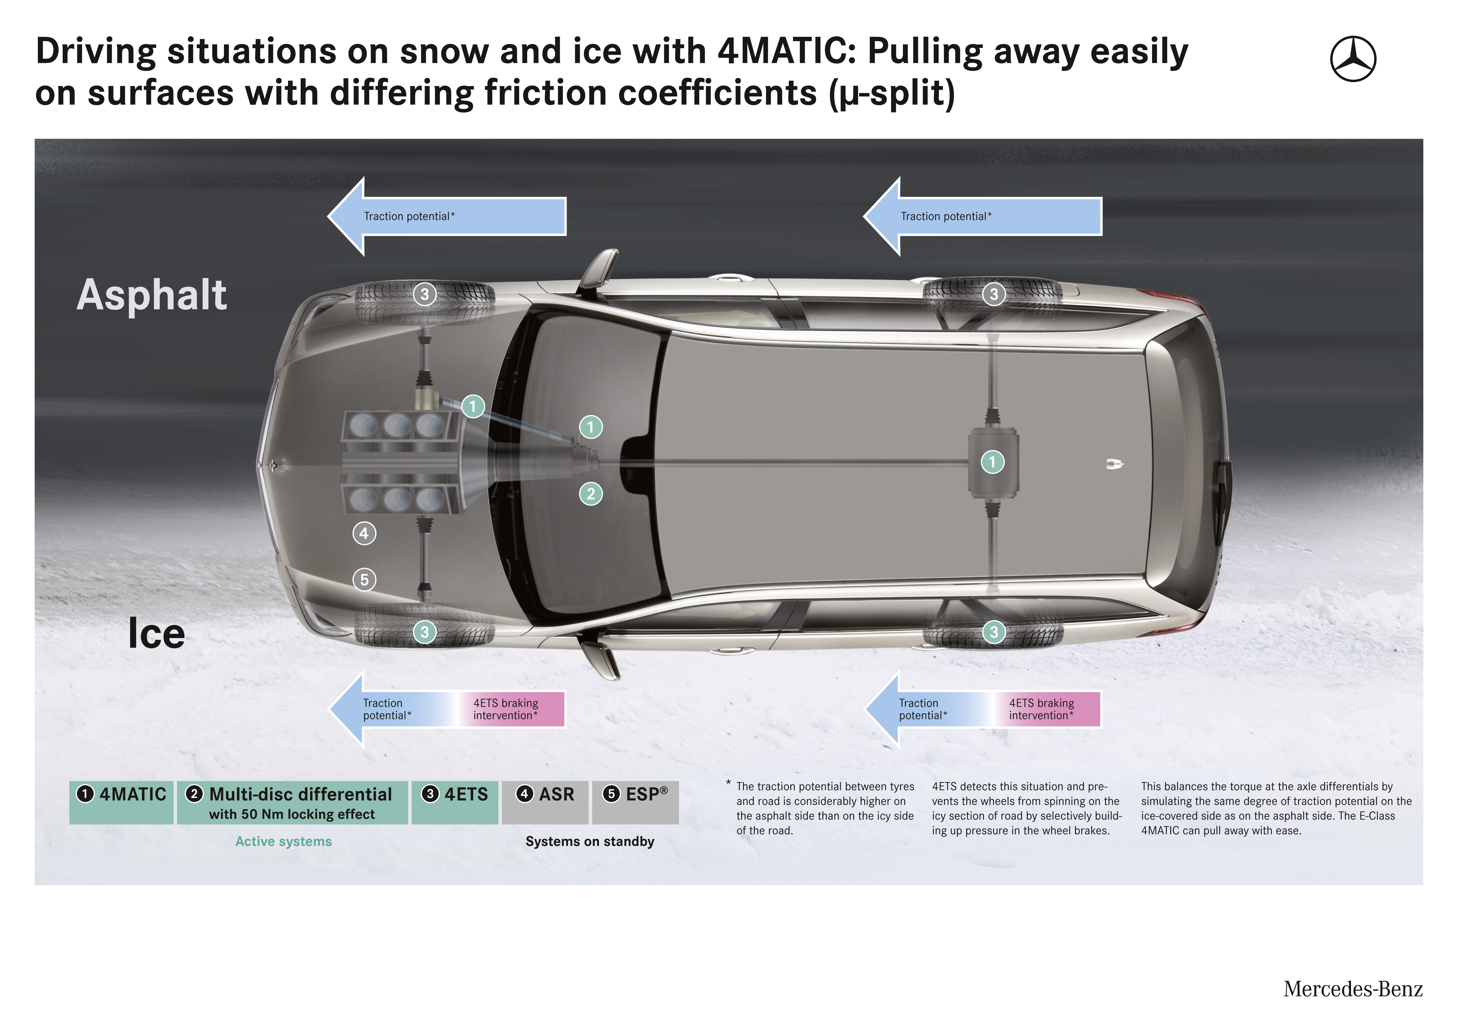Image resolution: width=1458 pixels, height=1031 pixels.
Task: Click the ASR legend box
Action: tap(545, 802)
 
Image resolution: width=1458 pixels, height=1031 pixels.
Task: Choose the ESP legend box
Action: tap(635, 802)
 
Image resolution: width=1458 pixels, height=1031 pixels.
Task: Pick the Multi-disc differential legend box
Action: tap(292, 802)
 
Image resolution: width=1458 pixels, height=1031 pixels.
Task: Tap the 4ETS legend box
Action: tap(455, 802)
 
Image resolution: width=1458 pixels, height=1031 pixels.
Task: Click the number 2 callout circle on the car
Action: tap(590, 494)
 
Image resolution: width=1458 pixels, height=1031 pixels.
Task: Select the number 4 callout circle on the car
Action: tap(364, 533)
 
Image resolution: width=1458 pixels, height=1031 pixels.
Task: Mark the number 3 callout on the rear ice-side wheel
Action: tap(994, 632)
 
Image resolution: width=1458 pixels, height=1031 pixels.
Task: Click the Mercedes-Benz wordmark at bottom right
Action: tap(1352, 989)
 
